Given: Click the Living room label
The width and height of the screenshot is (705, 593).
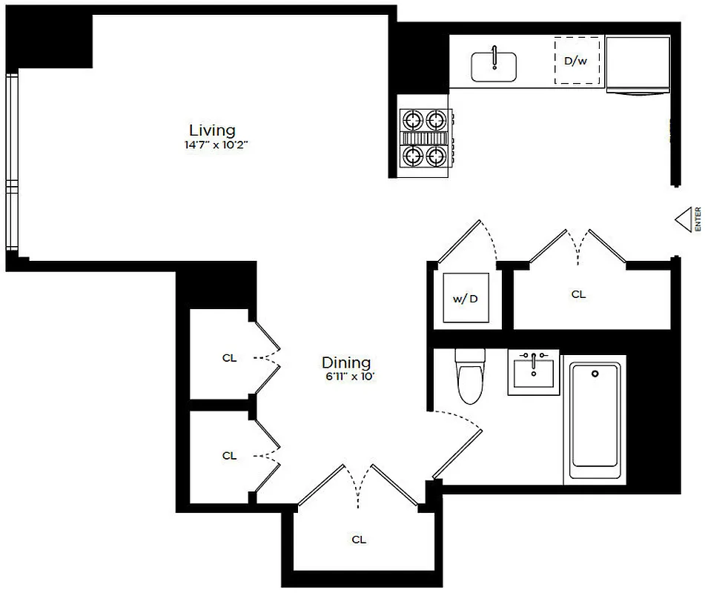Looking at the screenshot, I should coord(211,130).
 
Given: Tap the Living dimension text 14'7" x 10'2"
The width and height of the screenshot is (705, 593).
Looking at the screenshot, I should coord(215,145).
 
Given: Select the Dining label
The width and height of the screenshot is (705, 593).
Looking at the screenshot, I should coord(345,362).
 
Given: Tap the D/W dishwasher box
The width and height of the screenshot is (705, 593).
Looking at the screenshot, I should coord(577,60).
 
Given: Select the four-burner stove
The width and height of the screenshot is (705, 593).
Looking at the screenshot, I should coord(426,137).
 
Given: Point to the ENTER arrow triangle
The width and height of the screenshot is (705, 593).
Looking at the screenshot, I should coord(683,219).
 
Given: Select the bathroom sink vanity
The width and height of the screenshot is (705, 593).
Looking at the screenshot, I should coord(533,372).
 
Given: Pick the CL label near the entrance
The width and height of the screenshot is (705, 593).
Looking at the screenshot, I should coord(578,294).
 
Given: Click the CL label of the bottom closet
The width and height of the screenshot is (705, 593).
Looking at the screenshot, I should coord(359,540).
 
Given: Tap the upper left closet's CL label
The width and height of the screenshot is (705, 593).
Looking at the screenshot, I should coord(229,358).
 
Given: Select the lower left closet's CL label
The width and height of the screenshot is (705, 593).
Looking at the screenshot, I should coord(229,456).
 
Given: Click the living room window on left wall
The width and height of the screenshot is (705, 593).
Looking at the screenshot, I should coord(10,163).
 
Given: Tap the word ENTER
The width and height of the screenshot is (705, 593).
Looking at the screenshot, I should coord(698,219).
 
